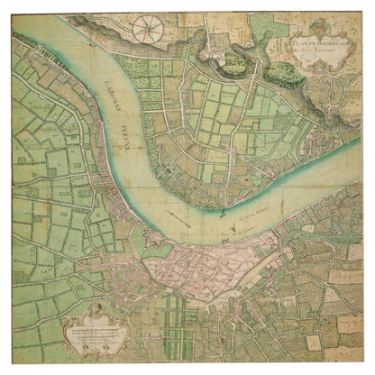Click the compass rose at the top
144,30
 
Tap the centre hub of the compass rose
144,30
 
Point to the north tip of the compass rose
144,16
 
